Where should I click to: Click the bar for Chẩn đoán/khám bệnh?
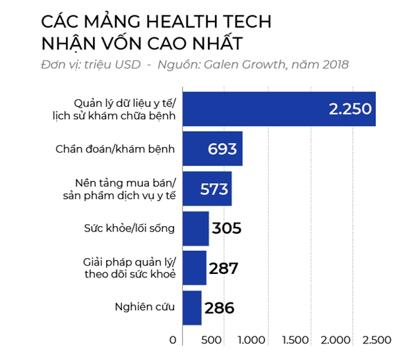pos(211,148)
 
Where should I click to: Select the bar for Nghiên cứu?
pos(191,307)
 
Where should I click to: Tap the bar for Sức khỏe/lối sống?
pos(195,228)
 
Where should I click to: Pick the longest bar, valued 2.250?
pos(277,108)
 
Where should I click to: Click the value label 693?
pos(222,148)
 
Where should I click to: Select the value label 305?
pos(227,228)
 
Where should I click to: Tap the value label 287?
pos(223,268)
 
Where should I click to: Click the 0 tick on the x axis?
pos(173,340)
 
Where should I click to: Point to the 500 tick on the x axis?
pos(211,340)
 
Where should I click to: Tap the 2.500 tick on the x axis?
pos(376,340)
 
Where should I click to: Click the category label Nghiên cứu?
pos(144,307)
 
